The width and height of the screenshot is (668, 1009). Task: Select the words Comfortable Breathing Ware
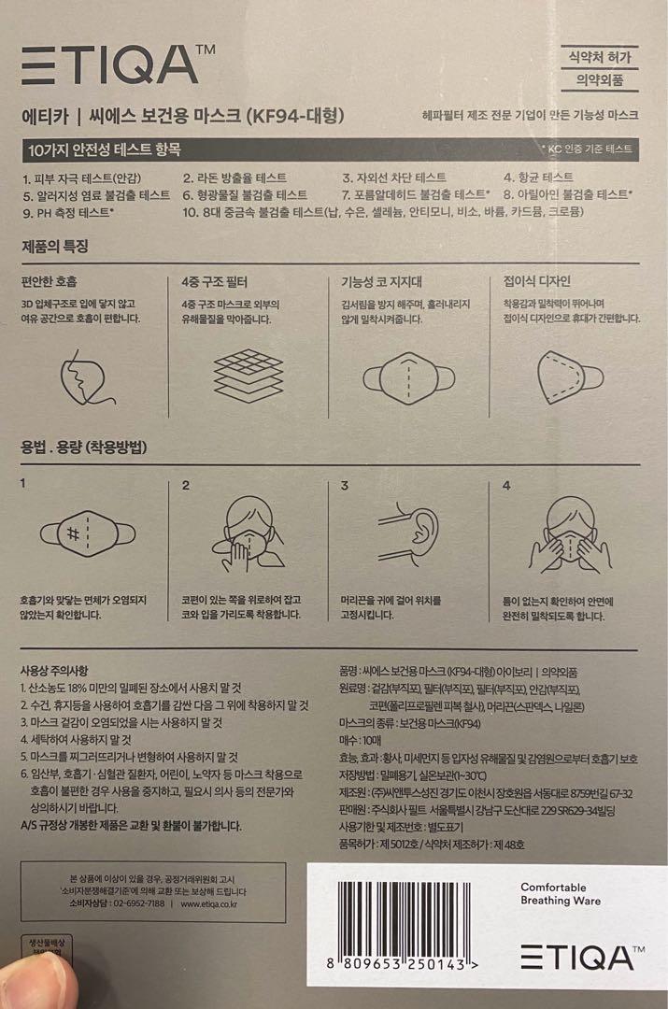(x=561, y=894)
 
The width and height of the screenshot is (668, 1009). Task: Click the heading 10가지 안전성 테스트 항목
(x=104, y=149)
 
